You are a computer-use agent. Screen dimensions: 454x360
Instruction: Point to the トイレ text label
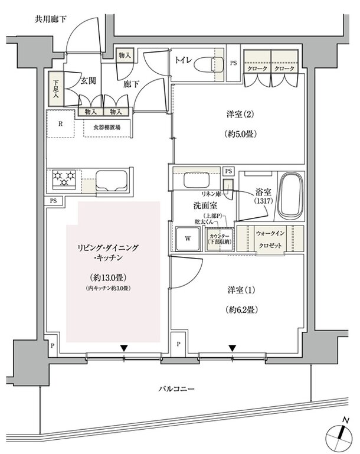pos(183,60)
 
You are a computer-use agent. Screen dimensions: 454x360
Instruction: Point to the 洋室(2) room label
pos(239,115)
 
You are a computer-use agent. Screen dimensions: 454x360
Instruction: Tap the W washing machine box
pos(187,239)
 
